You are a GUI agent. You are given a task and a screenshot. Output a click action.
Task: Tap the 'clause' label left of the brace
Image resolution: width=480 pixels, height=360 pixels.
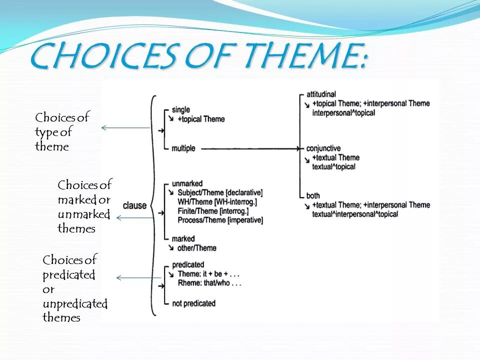(x=134, y=205)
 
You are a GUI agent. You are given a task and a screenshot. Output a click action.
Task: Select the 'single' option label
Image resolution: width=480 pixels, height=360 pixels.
(x=180, y=110)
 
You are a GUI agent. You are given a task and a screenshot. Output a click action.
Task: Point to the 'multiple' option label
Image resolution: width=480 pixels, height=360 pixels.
(x=183, y=148)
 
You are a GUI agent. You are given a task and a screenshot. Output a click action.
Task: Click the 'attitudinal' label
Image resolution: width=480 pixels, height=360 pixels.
(x=321, y=94)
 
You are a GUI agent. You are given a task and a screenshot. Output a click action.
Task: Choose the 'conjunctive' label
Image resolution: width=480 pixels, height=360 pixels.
(x=323, y=148)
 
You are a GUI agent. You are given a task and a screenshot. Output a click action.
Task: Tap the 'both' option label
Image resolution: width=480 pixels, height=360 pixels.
(x=313, y=195)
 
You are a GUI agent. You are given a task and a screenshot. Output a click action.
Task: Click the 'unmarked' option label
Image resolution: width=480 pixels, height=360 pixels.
(x=186, y=183)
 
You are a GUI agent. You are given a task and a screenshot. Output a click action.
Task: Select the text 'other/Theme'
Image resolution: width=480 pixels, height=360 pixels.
(x=196, y=248)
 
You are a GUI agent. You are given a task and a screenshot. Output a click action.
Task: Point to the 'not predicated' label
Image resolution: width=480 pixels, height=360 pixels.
(x=193, y=303)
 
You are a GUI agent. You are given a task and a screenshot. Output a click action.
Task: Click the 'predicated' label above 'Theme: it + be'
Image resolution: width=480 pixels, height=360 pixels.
(x=187, y=265)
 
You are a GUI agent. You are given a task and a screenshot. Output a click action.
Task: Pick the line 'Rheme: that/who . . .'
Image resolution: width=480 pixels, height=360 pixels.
(x=210, y=283)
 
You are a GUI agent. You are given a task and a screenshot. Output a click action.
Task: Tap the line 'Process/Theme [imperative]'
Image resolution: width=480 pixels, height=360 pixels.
(x=220, y=220)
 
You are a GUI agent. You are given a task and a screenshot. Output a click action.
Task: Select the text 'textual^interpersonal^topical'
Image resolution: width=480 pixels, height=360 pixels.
(x=355, y=214)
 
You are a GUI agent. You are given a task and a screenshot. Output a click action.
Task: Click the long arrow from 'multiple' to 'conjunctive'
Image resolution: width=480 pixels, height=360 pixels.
(x=250, y=148)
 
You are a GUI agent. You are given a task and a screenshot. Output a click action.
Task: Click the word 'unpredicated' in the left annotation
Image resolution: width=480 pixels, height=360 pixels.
(x=75, y=303)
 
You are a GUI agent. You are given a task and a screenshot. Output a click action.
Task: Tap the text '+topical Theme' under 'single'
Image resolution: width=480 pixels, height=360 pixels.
(x=201, y=119)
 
